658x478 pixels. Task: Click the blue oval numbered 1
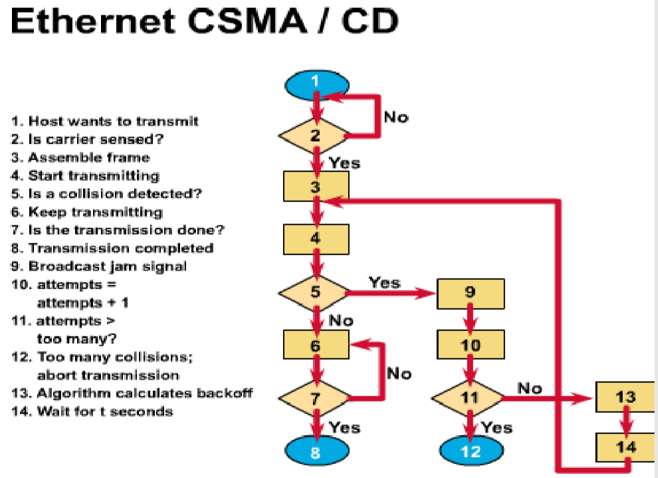pos(315,83)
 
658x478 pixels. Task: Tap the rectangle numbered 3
pos(316,187)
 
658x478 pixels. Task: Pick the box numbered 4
pos(316,239)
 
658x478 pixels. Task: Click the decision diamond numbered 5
pos(315,291)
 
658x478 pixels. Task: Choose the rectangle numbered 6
pos(316,344)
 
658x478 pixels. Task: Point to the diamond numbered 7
pos(315,398)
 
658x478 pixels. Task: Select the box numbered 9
pos(471,293)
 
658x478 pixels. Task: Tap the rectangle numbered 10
pos(471,344)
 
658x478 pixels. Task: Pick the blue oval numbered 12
pos(471,451)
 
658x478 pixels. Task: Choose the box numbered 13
pos(625,398)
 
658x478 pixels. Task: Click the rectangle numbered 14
pos(625,445)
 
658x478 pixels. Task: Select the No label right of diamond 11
pos(530,388)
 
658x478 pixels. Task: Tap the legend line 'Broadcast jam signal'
pos(99,266)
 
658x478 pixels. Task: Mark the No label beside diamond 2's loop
pos(396,118)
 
